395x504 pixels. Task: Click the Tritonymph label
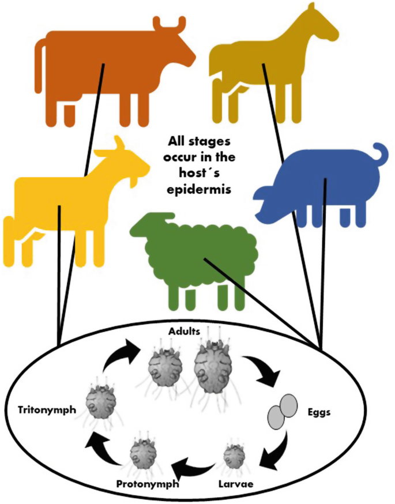pyautogui.click(x=40, y=409)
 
